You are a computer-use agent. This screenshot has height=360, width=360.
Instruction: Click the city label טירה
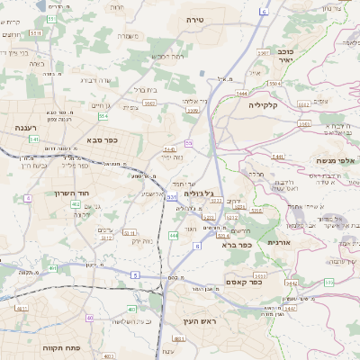197,18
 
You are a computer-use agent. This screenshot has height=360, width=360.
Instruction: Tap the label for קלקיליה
269,105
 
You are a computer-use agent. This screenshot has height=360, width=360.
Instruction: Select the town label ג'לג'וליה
198,193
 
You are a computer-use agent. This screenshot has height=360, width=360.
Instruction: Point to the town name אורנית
279,255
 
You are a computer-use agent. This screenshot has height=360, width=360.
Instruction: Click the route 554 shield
103,116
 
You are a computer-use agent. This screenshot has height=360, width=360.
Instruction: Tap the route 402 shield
76,205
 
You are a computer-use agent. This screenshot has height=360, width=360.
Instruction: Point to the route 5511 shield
35,32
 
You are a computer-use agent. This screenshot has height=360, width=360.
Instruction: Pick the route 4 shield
29,197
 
